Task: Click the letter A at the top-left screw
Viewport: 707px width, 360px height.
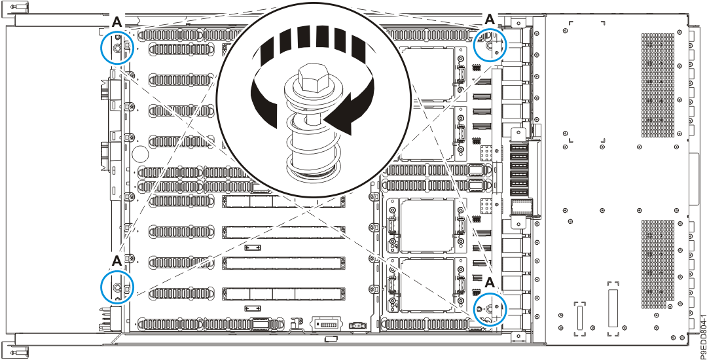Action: coord(117,22)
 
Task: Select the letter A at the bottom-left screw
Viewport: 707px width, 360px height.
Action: coord(117,261)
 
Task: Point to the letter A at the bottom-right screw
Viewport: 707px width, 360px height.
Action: coord(490,282)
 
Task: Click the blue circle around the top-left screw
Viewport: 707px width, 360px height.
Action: coord(117,47)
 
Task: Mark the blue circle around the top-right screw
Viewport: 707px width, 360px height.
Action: coord(490,45)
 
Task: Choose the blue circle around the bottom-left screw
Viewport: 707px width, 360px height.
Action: coord(117,288)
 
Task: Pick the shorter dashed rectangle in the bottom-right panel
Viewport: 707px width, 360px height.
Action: coord(579,319)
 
